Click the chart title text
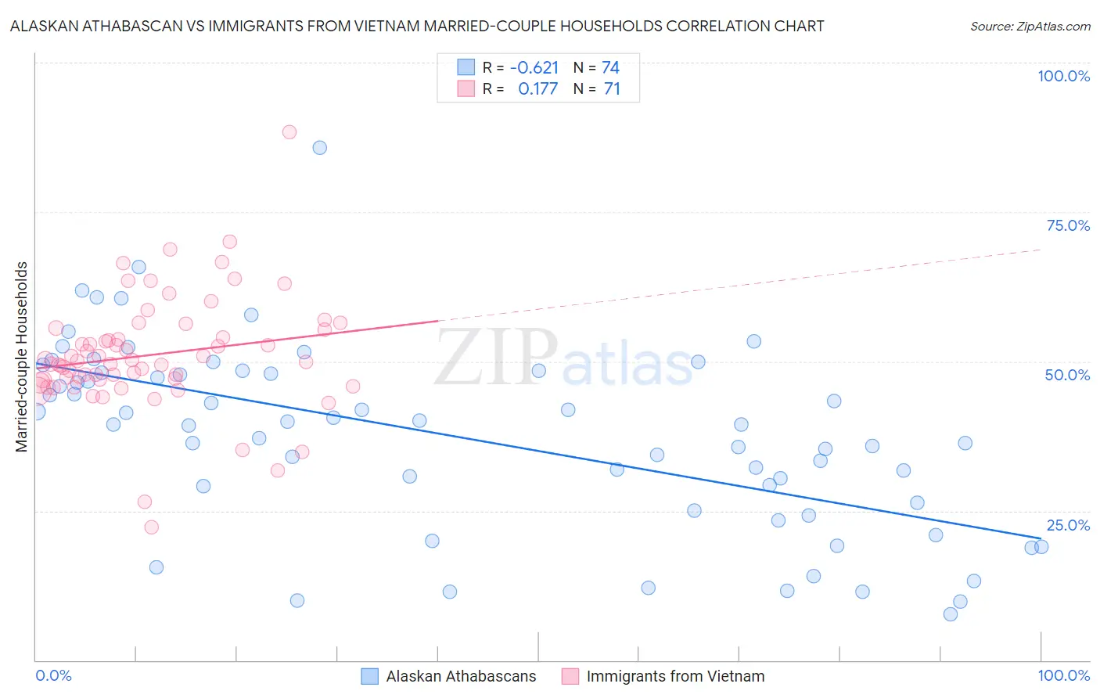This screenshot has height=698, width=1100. click(x=417, y=26)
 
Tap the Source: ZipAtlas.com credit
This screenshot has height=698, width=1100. click(x=1030, y=26)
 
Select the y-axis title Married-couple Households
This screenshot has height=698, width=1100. click(x=22, y=356)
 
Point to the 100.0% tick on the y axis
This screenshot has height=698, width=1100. click(x=1063, y=76)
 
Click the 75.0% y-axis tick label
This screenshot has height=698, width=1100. click(x=1068, y=225)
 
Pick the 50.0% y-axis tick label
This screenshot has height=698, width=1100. click(x=1067, y=375)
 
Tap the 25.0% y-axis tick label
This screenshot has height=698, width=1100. click(x=1068, y=525)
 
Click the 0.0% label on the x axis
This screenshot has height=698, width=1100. click(x=53, y=675)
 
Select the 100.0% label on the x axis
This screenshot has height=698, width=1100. click(x=1063, y=675)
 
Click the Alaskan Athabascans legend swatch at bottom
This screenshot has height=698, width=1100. click(x=370, y=676)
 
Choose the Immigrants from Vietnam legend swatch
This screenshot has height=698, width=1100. click(x=570, y=676)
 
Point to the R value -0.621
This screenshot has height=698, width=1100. click(x=534, y=68)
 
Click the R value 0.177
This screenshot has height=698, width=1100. click(x=538, y=89)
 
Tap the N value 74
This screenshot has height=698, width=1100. click(x=610, y=68)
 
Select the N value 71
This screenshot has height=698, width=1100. click(x=612, y=89)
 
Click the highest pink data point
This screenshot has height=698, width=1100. click(x=289, y=132)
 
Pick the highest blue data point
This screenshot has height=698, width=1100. click(x=320, y=148)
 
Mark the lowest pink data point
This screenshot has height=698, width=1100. click(x=152, y=527)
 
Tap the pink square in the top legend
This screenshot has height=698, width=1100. click(x=466, y=88)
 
